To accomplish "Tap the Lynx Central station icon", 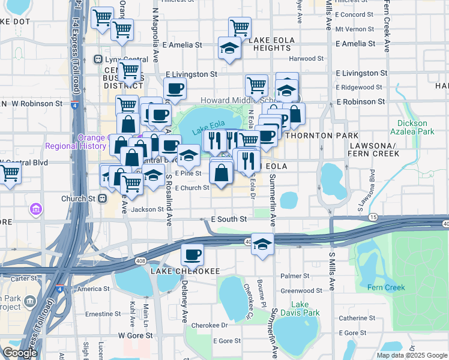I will [98, 59].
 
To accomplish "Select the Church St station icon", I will [103, 198].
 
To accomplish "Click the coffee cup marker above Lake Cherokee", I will [192, 254].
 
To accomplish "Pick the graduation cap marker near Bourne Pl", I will [262, 244].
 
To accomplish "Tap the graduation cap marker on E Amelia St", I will [229, 47].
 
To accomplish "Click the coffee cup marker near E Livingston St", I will [175, 88].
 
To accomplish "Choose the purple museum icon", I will [35, 209].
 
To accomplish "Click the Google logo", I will [20, 353].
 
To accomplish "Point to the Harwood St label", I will [306, 59].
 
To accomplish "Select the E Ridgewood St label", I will [360, 88].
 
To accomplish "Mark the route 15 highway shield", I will [373, 217].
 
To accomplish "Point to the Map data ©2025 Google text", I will [412, 355].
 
